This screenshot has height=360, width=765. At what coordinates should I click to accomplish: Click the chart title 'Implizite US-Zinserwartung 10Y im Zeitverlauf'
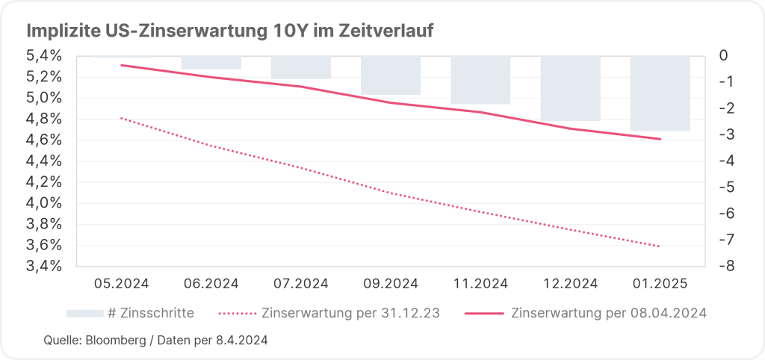[230, 31]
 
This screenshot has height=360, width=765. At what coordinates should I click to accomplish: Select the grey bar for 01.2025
[660, 93]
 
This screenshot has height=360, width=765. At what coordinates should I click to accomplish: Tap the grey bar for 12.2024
[570, 87]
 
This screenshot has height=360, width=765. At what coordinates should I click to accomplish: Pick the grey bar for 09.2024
[391, 75]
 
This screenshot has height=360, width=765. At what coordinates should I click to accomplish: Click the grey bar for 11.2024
[480, 79]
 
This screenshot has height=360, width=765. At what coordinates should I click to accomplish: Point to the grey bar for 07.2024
[301, 66]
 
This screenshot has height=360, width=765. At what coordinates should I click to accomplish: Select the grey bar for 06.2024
[211, 62]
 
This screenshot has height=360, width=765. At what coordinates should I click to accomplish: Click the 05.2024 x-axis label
[122, 284]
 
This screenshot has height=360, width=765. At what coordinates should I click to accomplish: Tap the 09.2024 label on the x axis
[391, 284]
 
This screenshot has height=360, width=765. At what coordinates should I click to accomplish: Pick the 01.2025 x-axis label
[660, 284]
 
